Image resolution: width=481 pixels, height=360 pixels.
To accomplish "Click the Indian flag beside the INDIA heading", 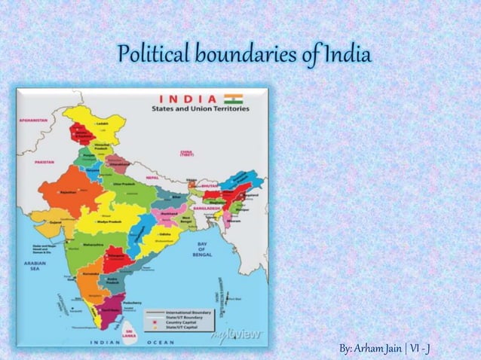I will tap(233, 99).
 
